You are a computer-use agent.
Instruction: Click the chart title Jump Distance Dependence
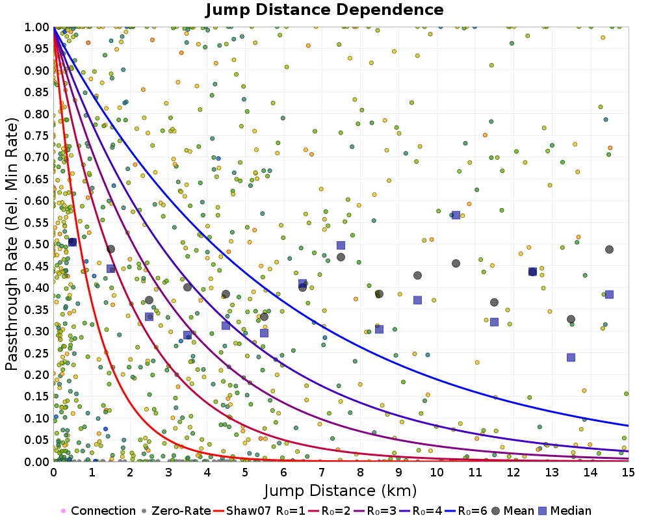coord(324,10)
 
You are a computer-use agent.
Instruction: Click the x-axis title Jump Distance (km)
coord(341,489)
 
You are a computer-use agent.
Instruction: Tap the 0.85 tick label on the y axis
coord(36,92)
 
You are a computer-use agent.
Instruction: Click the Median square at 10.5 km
coord(456,215)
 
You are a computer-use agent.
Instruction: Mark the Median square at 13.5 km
coord(571,357)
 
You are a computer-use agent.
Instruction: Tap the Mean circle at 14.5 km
coord(609,250)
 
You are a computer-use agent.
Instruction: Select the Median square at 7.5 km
coord(341,245)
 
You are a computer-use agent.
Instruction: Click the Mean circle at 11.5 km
coord(494,302)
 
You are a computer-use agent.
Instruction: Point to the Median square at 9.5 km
coord(417,300)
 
